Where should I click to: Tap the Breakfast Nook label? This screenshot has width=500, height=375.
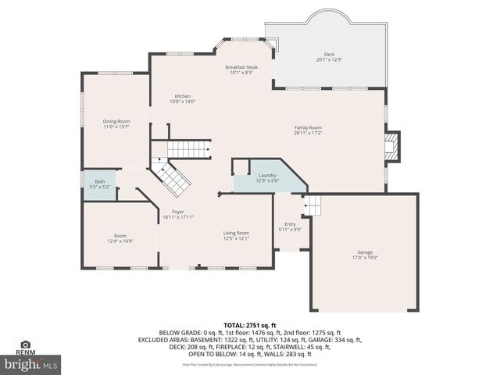pyautogui.click(x=242, y=67)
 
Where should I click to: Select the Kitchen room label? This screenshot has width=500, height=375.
pyautogui.click(x=182, y=96)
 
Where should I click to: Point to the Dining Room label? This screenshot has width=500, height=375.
pyautogui.click(x=117, y=121)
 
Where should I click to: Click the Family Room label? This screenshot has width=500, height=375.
pyautogui.click(x=308, y=127)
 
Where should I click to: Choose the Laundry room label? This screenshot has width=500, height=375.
pyautogui.click(x=267, y=176)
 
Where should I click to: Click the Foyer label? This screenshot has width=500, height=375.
pyautogui.click(x=178, y=212)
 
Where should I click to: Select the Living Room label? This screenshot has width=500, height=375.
pyautogui.click(x=236, y=232)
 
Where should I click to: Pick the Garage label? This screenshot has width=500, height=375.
pyautogui.click(x=365, y=252)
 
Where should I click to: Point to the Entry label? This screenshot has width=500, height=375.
pyautogui.click(x=290, y=224)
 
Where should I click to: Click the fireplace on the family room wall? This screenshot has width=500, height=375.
pyautogui.click(x=394, y=147)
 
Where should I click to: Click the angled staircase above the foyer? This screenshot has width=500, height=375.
pyautogui.click(x=173, y=178)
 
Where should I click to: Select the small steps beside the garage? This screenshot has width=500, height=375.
pyautogui.click(x=312, y=206)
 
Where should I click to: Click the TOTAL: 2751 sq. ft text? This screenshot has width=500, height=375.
pyautogui.click(x=249, y=324)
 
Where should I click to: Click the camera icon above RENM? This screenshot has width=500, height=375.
pyautogui.click(x=25, y=344)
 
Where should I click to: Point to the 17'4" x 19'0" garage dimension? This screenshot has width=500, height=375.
pyautogui.click(x=365, y=257)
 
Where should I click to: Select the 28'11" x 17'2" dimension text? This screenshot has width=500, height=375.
pyautogui.click(x=308, y=132)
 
